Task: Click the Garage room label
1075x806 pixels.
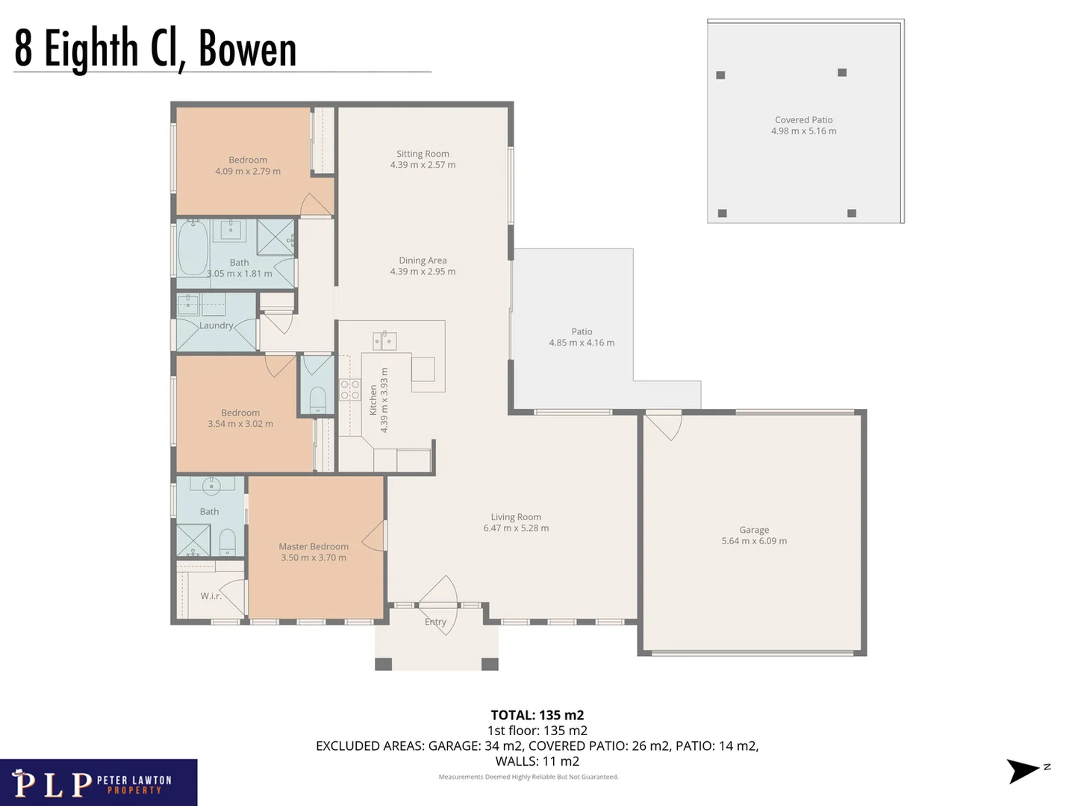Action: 754,530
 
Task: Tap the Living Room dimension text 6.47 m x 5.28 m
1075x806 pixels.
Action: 516,528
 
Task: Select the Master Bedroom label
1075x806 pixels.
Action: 314,546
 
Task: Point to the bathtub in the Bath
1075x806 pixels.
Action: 193,249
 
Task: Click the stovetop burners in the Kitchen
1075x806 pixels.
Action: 350,390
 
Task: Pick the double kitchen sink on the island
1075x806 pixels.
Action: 384,341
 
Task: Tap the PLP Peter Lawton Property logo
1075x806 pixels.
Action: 99,783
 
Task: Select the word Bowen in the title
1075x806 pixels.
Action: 248,49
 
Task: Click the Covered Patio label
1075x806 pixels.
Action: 803,119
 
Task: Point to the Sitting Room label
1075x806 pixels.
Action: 423,154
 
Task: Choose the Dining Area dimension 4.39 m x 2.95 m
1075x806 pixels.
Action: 423,272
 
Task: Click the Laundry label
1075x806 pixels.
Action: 216,325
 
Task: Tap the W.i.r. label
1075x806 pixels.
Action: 211,596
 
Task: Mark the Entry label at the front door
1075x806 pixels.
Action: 435,622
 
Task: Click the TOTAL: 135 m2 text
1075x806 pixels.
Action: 537,715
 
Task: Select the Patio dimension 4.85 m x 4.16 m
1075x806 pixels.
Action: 582,343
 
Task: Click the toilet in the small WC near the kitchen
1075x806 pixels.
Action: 318,398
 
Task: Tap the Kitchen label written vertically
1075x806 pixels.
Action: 373,400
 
